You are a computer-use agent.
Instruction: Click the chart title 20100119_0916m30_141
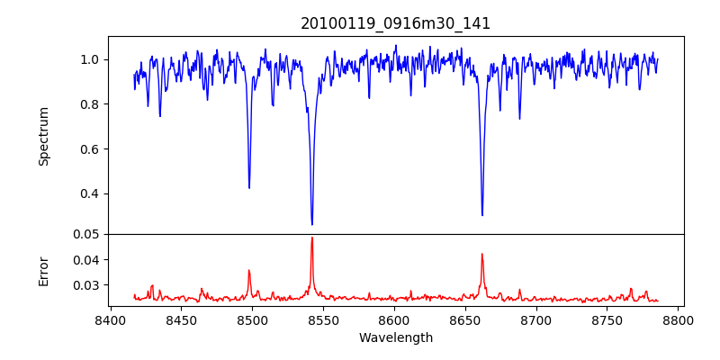(x=396, y=23)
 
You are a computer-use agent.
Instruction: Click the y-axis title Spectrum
(x=43, y=136)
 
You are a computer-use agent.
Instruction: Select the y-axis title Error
(x=43, y=270)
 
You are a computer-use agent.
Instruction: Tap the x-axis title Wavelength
(x=396, y=338)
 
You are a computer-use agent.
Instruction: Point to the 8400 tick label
(x=110, y=319)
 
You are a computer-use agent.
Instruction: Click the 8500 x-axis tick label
(x=252, y=319)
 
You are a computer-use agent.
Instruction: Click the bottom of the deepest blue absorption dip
(x=312, y=224)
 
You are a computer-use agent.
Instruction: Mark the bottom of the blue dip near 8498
(x=249, y=187)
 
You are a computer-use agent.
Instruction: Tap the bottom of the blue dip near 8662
(x=482, y=214)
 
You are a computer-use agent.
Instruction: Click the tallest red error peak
(x=312, y=238)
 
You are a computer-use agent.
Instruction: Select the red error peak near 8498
(x=249, y=270)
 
